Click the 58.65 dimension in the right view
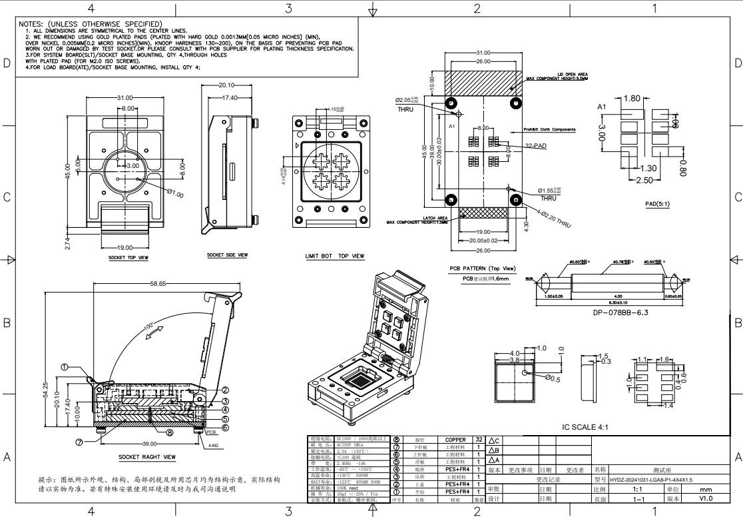click(x=157, y=283)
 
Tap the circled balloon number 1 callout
click(x=65, y=366)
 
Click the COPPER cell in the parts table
click(x=455, y=440)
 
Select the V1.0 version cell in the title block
click(x=706, y=498)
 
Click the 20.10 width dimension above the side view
click(x=226, y=85)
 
